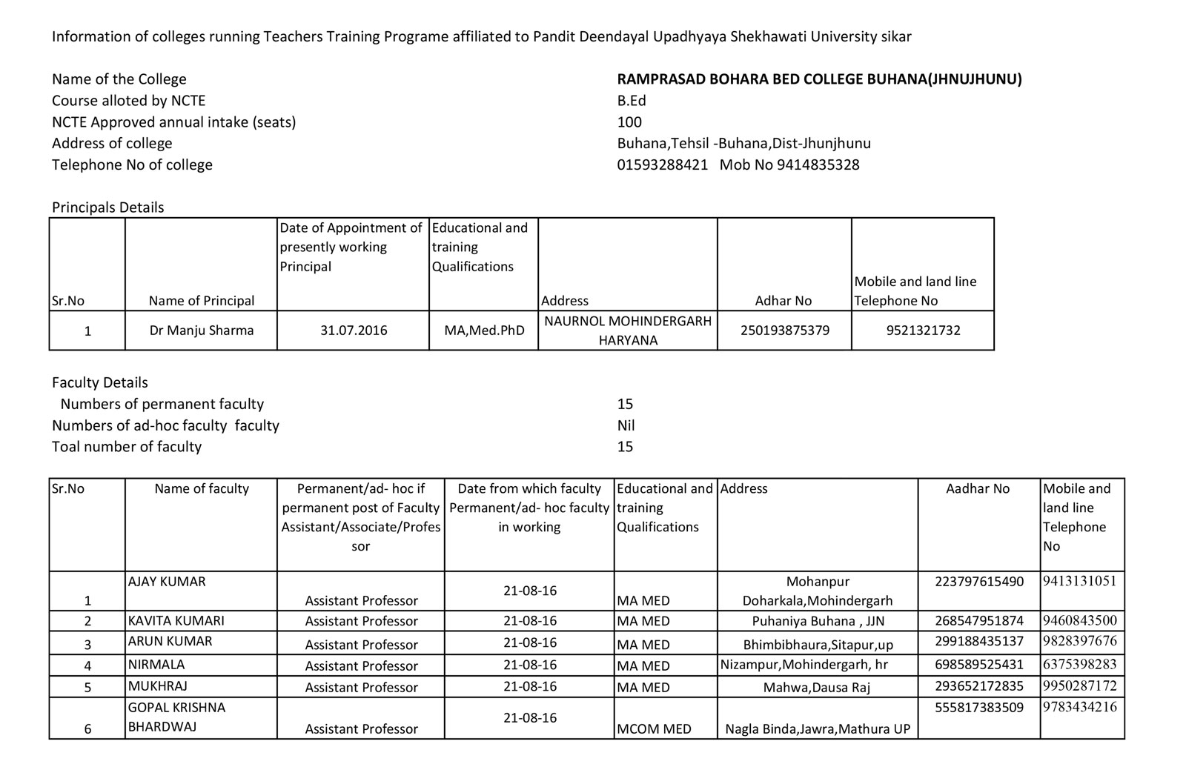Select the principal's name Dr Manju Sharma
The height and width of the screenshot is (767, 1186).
pos(201,331)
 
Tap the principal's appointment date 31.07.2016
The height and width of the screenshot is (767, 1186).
pos(354,331)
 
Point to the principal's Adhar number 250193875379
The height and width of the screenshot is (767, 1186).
pos(784,331)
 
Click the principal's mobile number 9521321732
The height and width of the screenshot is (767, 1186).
pos(923,331)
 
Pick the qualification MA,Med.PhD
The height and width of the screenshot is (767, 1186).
pos(484,331)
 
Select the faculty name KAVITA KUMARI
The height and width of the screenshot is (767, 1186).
pos(176,621)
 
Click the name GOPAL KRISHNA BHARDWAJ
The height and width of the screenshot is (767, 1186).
pos(176,717)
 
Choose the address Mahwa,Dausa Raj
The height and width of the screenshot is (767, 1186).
pos(817,687)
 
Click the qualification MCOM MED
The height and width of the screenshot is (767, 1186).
pos(654,729)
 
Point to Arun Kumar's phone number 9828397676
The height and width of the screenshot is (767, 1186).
pos(1079,641)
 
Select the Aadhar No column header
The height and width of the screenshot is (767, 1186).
pos(978,489)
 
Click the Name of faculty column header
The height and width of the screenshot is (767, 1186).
pos(202,489)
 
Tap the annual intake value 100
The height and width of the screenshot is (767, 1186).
pos(629,122)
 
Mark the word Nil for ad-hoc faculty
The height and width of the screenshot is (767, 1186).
pos(626,425)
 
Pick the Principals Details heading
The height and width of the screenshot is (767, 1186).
pos(108,207)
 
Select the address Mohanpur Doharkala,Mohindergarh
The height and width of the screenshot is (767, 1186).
pos(818,591)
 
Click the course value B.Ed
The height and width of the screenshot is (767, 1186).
pos(632,101)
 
